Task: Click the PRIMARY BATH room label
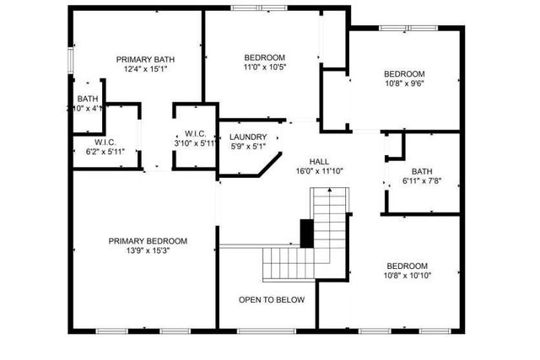click(x=145, y=59)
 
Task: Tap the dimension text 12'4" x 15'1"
click(x=145, y=70)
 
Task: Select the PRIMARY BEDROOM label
click(x=148, y=241)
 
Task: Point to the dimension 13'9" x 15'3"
click(x=148, y=251)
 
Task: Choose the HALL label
click(x=319, y=160)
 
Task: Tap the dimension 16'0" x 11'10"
click(x=319, y=170)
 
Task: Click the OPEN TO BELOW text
click(x=272, y=299)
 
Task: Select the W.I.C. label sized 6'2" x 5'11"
click(x=105, y=142)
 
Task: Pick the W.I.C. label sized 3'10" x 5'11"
click(x=197, y=134)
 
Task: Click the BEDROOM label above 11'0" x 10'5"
click(x=264, y=56)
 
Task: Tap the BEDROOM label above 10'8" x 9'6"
click(x=404, y=73)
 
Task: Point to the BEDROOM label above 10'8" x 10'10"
click(x=406, y=265)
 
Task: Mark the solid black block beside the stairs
click(x=306, y=232)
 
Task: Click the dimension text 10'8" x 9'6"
click(x=404, y=83)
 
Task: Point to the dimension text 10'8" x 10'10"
click(x=406, y=275)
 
